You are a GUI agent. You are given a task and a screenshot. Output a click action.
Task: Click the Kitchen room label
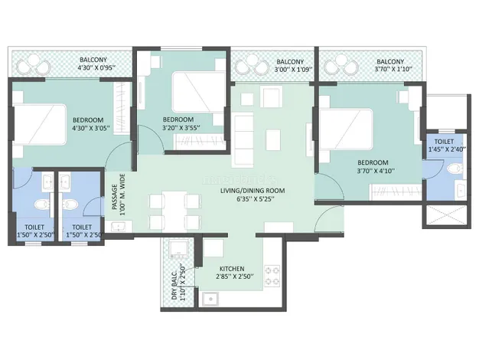tap(232, 269)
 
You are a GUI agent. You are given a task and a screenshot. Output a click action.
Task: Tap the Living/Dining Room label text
tap(253, 191)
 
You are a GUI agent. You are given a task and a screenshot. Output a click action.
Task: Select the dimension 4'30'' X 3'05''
tap(91, 128)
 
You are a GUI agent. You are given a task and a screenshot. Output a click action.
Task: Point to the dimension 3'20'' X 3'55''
tap(181, 128)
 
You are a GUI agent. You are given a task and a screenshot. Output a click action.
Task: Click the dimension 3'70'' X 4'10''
tap(376, 171)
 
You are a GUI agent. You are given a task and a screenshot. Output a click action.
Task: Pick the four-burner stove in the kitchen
tap(272, 276)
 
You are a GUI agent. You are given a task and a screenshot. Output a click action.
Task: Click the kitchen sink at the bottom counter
tap(210, 299)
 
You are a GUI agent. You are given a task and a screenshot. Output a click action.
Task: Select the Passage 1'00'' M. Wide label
tap(119, 195)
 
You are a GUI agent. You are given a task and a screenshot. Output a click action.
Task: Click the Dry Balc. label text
tap(174, 285)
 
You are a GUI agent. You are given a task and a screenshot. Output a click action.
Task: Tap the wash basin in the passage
tap(119, 227)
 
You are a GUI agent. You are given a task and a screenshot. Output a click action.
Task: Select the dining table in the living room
tap(174, 211)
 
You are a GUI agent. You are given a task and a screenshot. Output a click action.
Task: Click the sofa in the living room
tap(243, 139)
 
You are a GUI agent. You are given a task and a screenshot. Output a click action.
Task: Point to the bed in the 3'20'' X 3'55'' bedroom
tap(198, 92)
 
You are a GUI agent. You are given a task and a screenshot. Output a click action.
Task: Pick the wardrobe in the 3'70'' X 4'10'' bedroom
tap(396, 191)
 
